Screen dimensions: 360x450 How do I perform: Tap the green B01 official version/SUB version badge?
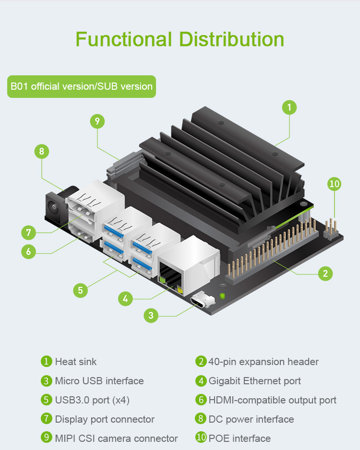82,86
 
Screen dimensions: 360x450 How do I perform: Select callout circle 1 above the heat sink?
289,107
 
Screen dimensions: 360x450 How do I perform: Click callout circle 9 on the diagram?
97,121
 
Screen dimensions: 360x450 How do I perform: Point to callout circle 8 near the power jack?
42,151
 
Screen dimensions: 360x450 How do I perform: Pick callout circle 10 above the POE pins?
335,184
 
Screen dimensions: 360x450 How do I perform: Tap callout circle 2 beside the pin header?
325,273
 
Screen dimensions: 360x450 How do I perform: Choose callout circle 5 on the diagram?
80,290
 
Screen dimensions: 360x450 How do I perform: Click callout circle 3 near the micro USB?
151,315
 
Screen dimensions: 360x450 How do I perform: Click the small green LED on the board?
222,296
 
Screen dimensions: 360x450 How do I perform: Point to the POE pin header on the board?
331,229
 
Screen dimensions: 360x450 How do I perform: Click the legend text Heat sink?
76,362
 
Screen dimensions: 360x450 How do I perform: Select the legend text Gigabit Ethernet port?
255,381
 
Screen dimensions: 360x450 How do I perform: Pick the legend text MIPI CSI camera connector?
116,438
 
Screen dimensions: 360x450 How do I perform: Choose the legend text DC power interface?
251,419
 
